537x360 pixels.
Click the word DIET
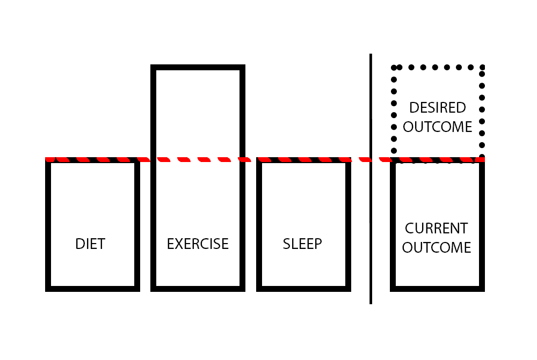click(x=90, y=244)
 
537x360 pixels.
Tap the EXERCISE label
click(x=198, y=244)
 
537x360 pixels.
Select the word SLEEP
click(x=302, y=244)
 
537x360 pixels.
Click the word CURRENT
click(x=436, y=228)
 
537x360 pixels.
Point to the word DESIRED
click(x=437, y=108)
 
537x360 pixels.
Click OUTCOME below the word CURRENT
click(x=436, y=248)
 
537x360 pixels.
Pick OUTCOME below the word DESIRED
click(x=437, y=127)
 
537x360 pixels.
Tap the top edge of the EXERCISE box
click(x=198, y=68)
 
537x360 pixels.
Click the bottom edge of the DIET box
click(x=92, y=289)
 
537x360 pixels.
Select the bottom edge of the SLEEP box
click(x=303, y=289)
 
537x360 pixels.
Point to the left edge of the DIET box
click(x=48, y=225)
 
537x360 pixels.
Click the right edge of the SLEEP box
click(x=348, y=225)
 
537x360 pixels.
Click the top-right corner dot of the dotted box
click(x=482, y=68)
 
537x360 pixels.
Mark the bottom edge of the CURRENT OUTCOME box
click(x=437, y=289)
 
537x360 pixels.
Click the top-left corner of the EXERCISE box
click(x=153, y=68)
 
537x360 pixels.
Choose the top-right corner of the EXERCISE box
click(x=243, y=68)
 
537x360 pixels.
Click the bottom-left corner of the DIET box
click(x=48, y=289)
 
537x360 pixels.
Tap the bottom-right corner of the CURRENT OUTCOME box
click(x=482, y=289)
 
